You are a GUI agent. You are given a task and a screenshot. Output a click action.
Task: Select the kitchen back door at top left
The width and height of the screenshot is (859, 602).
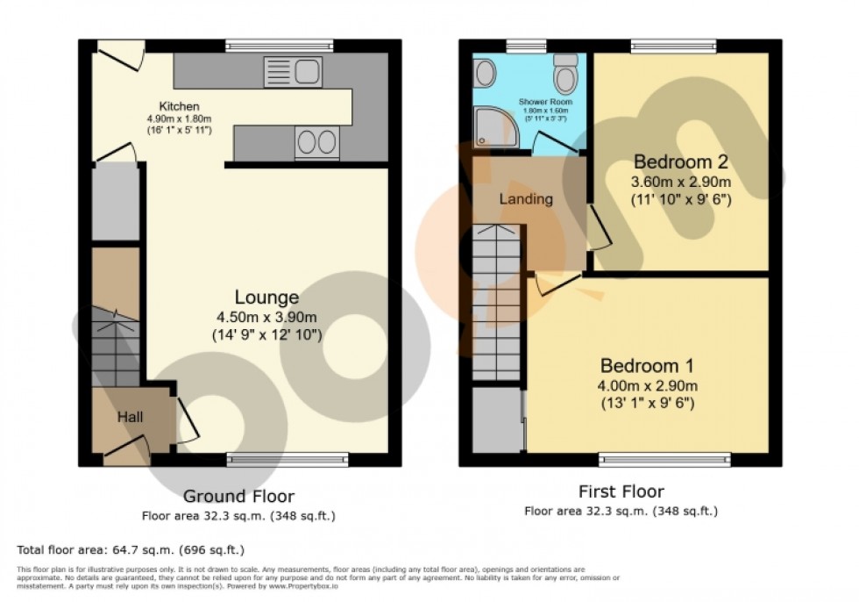[118, 56]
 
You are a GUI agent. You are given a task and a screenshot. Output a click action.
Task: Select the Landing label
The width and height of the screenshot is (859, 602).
[526, 199]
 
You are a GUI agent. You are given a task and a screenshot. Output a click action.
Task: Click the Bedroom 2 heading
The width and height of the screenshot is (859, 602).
[681, 162]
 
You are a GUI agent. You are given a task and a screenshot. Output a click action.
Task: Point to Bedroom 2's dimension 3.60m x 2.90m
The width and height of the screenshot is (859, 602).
[681, 183]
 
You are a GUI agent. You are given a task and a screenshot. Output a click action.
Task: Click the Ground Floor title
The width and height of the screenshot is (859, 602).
[238, 497]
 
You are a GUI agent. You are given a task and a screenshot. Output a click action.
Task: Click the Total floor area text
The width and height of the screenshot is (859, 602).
[131, 550]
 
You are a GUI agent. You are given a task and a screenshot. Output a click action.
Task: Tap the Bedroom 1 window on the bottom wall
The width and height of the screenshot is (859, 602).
[664, 458]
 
